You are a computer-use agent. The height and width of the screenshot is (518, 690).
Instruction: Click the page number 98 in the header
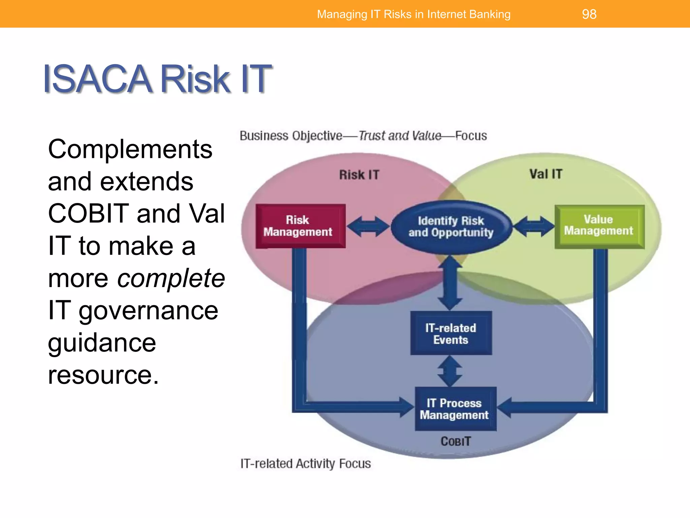pos(589,14)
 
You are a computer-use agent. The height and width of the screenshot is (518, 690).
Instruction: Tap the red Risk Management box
pos(300,226)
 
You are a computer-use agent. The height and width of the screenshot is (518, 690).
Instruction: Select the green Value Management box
pos(599,226)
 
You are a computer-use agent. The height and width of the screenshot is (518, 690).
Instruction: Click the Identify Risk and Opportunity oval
pos(451,227)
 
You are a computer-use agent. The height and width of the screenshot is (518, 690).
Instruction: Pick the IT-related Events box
pos(451,333)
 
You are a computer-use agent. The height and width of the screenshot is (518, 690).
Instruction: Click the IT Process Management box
pos(455,409)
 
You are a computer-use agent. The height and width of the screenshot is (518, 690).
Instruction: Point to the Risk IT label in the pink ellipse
pos(359,175)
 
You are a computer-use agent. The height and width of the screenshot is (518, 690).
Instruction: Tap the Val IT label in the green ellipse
pos(546,174)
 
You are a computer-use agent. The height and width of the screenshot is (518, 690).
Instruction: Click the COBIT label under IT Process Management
pos(456,441)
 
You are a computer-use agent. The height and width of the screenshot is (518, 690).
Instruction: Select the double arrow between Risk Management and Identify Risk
pos(368,227)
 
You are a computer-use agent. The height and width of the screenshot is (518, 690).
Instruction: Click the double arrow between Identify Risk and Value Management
pos(534,227)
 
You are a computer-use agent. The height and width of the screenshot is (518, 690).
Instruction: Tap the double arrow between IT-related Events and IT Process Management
pos(450,371)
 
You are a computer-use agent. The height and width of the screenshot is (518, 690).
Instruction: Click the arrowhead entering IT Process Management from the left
pos(406,407)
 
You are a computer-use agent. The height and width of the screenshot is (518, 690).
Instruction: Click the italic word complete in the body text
pos(171,279)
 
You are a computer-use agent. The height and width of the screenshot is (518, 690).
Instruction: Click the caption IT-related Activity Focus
pos(305,464)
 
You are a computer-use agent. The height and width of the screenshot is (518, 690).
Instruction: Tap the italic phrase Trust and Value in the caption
pos(400,136)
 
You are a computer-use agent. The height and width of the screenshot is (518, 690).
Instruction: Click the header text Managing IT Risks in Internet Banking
pos(414,14)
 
